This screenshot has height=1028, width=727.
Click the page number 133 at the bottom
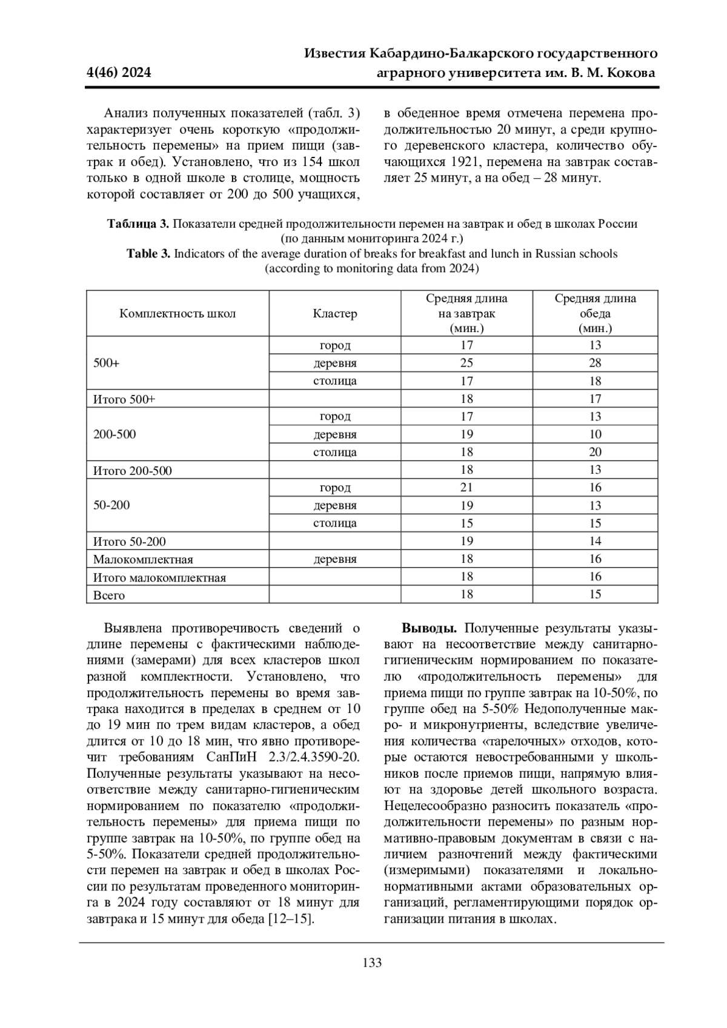(372, 963)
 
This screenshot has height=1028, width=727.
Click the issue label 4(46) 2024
(119, 73)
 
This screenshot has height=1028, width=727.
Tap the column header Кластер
(334, 314)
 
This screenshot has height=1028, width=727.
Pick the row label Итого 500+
(124, 400)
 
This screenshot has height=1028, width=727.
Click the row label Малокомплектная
(143, 560)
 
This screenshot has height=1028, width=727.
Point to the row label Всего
(109, 595)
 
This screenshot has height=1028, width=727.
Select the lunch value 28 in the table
(595, 363)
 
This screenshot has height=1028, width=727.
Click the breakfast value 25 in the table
(466, 363)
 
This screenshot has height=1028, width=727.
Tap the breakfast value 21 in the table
(466, 488)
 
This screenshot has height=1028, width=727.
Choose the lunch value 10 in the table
(595, 434)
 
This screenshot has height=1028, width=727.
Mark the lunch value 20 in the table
(595, 453)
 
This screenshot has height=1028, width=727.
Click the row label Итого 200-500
(132, 471)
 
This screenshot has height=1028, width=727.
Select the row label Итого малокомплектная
(159, 578)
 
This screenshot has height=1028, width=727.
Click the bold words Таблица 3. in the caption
(139, 224)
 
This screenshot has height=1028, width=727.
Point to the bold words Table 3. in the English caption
(148, 254)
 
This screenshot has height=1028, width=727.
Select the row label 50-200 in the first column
(111, 506)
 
